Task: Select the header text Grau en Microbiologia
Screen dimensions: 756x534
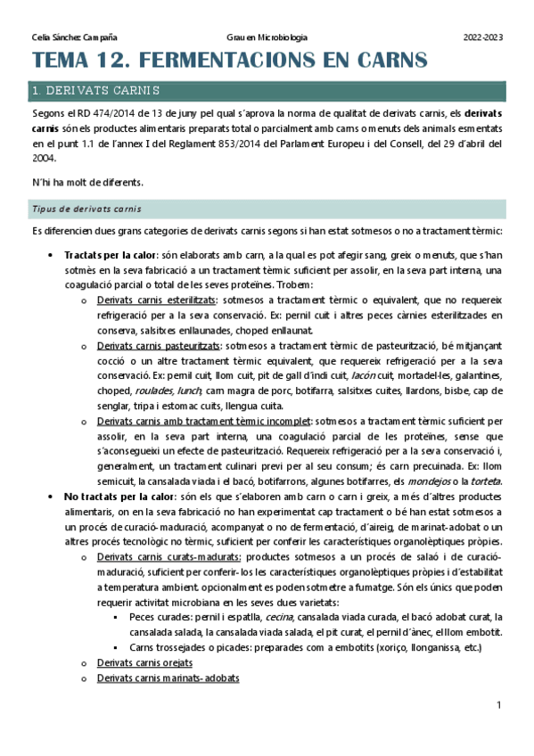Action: pos(267,37)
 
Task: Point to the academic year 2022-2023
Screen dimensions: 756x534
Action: pos(483,37)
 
